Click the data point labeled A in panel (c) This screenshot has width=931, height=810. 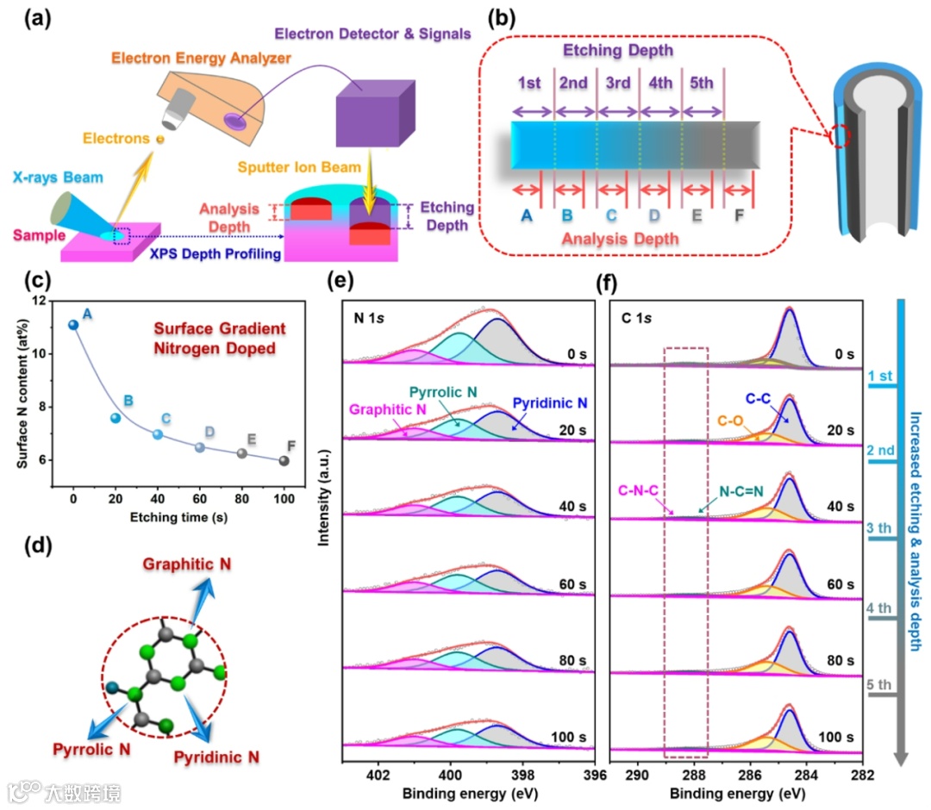[x=73, y=324]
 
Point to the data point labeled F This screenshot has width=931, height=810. [x=284, y=460]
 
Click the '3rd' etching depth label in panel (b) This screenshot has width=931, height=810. [x=617, y=84]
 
